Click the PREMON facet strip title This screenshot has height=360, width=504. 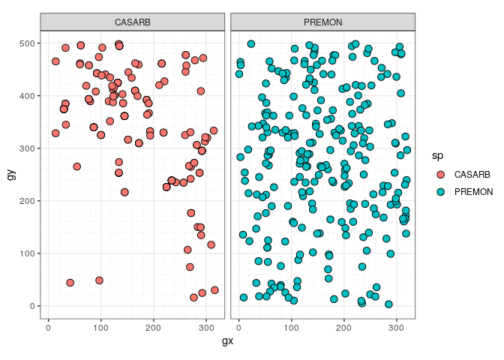tap(322, 22)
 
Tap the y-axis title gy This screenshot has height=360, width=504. tap(10, 175)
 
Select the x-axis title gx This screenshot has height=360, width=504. tap(227, 341)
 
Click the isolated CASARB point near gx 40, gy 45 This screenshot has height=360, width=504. tap(70, 283)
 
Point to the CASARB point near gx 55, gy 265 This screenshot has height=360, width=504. tap(76, 166)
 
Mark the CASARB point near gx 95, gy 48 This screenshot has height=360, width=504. tap(99, 280)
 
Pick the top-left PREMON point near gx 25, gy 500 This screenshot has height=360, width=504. tap(251, 44)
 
